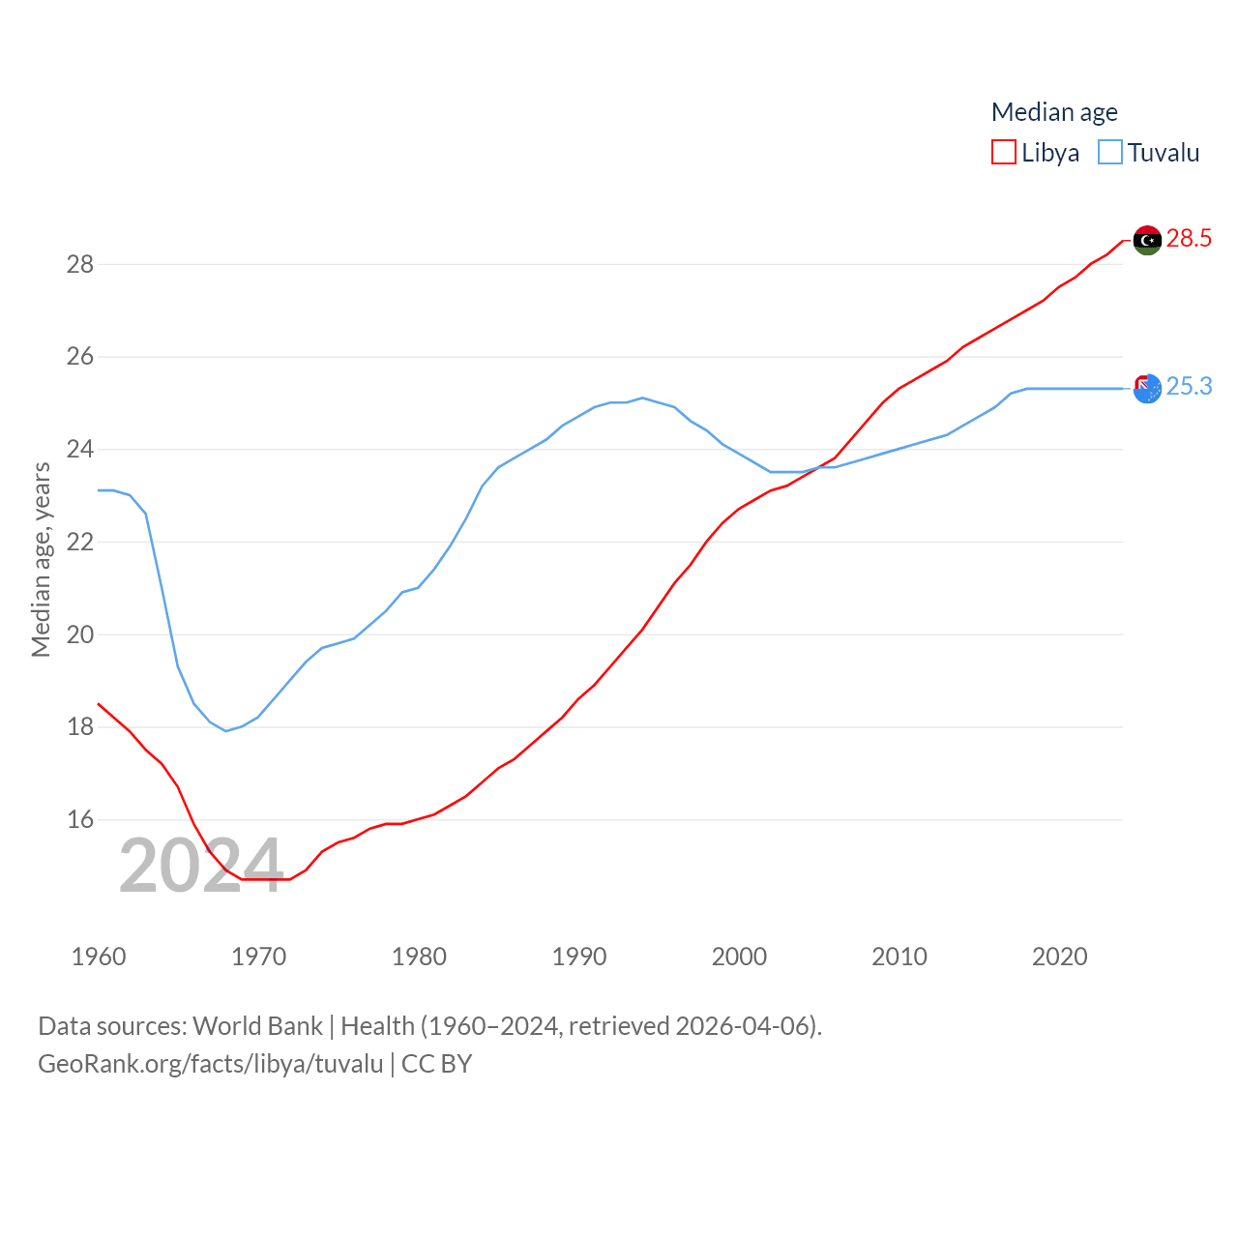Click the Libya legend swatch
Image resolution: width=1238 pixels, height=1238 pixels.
[x=1004, y=153]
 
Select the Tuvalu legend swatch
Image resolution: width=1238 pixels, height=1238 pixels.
[x=1110, y=153]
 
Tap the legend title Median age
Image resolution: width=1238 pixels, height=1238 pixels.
[x=1054, y=112]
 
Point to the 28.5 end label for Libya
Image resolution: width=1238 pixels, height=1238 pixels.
[x=1189, y=238]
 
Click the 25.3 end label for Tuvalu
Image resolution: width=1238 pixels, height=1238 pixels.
[x=1189, y=386]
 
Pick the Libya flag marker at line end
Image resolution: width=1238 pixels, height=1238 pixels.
[x=1147, y=240]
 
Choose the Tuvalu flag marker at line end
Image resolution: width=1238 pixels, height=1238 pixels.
[x=1147, y=388]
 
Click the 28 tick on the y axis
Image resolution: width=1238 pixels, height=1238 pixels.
[x=80, y=264]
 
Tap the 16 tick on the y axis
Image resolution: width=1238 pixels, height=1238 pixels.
[x=80, y=819]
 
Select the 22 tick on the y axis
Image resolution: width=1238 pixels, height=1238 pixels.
[x=80, y=542]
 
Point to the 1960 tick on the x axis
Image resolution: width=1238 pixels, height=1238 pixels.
[x=99, y=957]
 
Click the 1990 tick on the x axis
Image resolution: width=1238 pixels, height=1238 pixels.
[x=579, y=957]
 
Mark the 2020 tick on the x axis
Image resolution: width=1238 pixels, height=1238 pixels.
[x=1060, y=957]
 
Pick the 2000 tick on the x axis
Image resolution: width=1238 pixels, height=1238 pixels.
[x=739, y=957]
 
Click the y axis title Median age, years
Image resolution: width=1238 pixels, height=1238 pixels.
[x=41, y=559]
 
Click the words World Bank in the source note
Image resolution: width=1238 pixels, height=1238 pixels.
[x=257, y=1025]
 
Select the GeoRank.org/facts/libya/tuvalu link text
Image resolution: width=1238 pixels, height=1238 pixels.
[x=211, y=1064]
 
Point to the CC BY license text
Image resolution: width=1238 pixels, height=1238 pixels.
[x=436, y=1064]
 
